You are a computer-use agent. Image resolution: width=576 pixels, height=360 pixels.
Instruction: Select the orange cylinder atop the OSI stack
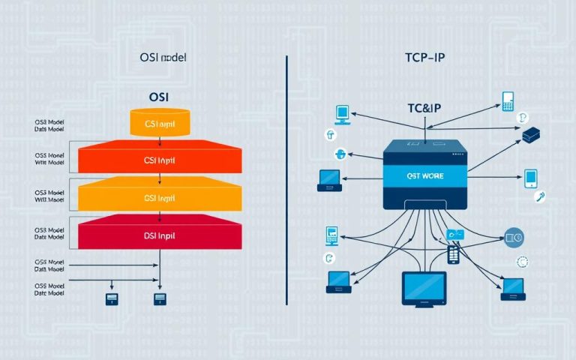[163, 123]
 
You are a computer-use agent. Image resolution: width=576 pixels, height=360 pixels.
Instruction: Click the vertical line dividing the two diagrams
[288, 180]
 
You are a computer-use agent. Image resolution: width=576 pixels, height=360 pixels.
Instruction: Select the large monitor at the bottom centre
[424, 288]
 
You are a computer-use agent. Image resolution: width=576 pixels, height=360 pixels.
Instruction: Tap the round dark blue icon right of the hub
[514, 238]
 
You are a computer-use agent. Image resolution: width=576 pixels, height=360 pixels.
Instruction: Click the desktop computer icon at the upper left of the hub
[342, 114]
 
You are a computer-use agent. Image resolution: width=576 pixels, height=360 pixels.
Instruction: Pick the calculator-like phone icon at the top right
[508, 102]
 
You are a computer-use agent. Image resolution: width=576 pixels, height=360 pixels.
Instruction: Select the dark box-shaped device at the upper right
[531, 135]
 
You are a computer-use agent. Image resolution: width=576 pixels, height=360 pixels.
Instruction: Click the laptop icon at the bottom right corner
[513, 286]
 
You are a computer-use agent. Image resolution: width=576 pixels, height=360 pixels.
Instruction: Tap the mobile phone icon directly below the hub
[453, 253]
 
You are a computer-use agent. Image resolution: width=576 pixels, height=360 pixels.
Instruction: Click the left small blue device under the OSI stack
[111, 299]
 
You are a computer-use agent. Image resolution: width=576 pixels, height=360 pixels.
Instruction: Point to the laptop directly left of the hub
[329, 178]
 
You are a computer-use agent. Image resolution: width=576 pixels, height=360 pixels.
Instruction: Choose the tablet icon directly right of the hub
[529, 178]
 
